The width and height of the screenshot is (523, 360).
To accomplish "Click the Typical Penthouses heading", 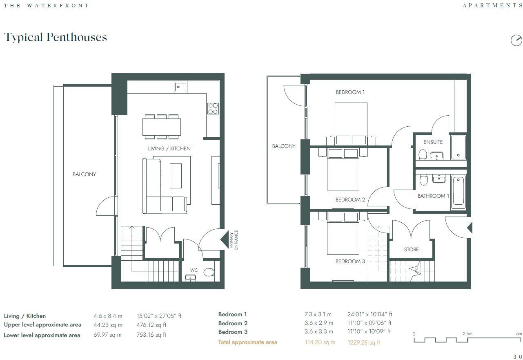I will click(56, 37).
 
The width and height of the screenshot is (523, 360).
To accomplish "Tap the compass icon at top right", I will click(516, 40).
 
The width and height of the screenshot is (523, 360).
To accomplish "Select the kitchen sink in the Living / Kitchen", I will click(180, 87).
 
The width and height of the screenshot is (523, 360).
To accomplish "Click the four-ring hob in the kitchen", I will click(213, 108).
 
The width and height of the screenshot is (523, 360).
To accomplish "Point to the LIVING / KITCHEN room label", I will click(169, 148).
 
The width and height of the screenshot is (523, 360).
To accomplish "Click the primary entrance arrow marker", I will click(224, 240).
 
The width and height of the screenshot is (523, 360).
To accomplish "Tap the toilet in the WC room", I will click(209, 273).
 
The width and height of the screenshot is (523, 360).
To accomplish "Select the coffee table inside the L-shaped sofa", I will click(176, 176).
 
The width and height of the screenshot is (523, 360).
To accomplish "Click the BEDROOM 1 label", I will click(350, 92).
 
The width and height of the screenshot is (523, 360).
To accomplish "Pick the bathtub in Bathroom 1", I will click(458, 191).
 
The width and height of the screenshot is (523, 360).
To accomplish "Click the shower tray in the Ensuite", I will click(458, 148).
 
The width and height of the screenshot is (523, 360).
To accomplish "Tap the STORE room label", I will click(411, 249).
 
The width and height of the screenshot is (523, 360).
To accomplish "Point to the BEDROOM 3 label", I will click(350, 262).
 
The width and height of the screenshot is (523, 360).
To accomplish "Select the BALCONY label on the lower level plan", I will click(84, 174).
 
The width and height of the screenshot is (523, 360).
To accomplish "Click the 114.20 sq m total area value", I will click(320, 342).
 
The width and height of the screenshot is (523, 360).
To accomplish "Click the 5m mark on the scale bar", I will click(519, 334).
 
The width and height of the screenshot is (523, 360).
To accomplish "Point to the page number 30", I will click(517, 357).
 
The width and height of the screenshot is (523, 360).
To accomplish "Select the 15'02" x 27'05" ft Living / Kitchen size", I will click(159, 316).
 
